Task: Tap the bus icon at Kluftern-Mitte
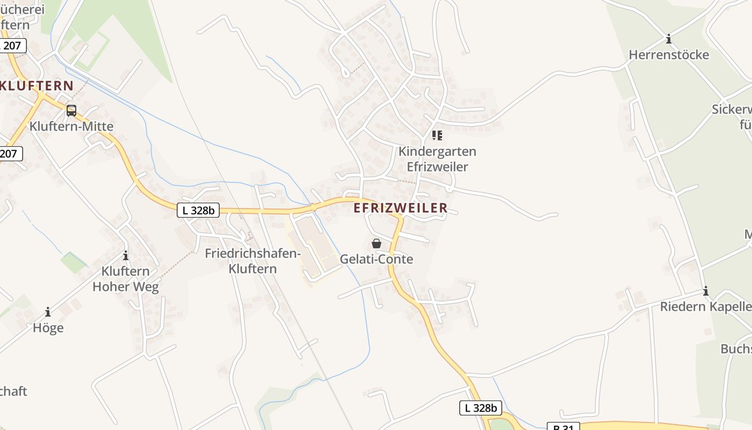click(71, 111)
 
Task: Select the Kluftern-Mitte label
click(71, 127)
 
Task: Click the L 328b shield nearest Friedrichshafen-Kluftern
click(198, 210)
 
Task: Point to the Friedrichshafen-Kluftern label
click(252, 261)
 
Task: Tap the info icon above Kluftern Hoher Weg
click(126, 255)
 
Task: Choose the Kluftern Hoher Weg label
click(126, 278)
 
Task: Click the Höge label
click(48, 328)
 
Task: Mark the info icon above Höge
click(48, 312)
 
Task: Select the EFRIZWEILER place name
click(401, 208)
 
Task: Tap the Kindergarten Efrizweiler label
click(437, 159)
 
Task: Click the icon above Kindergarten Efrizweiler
click(437, 135)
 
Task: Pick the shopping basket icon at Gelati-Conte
click(377, 243)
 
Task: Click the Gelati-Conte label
click(377, 259)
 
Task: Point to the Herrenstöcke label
click(669, 55)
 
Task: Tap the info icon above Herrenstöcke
click(669, 39)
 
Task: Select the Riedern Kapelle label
click(706, 307)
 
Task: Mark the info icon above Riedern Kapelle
click(706, 291)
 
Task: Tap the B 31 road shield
click(563, 427)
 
